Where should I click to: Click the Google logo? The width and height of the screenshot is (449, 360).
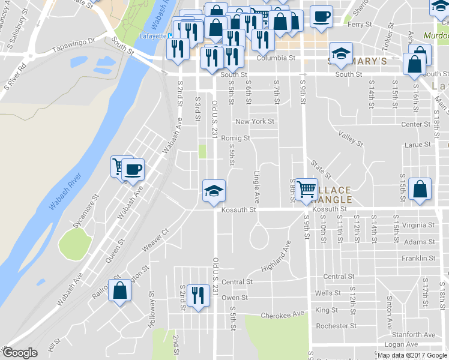(x=20, y=353)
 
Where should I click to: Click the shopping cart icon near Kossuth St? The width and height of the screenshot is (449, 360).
(x=307, y=190)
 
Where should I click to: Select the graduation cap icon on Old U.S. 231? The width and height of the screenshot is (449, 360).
(x=213, y=190)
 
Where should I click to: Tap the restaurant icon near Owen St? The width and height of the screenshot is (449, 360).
(x=195, y=295)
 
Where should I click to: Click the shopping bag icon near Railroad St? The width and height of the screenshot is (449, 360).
(x=119, y=290)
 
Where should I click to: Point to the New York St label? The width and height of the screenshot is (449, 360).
(x=255, y=122)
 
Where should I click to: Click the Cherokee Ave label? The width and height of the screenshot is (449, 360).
(x=283, y=315)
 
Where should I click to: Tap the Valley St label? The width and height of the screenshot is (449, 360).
(x=351, y=140)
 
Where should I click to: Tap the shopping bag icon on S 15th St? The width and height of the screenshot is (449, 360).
(x=420, y=188)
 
